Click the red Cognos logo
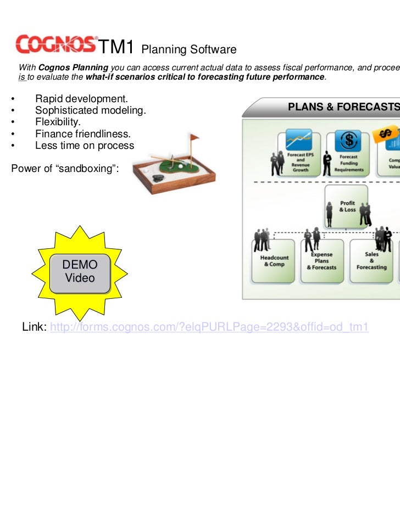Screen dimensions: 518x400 (x=56, y=44)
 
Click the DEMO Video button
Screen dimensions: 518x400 (x=80, y=271)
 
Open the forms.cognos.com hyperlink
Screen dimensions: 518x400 (x=209, y=327)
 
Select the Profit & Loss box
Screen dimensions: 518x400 (x=347, y=206)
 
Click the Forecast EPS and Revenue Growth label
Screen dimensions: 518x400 (x=300, y=163)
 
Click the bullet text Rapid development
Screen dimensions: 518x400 (x=81, y=99)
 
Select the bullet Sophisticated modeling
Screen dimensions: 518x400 (x=91, y=110)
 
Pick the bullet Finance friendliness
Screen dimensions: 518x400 (x=83, y=133)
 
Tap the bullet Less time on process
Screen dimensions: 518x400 (x=85, y=146)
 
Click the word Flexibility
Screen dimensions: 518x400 (x=58, y=122)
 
